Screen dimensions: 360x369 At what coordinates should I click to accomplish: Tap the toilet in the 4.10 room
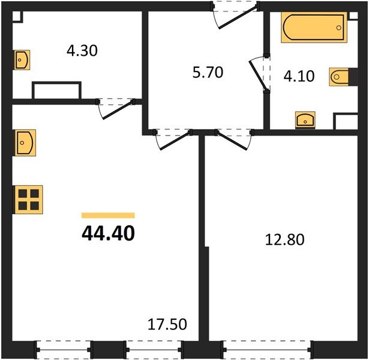(x=338, y=76)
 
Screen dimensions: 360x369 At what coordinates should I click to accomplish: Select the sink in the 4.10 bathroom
(x=305, y=120)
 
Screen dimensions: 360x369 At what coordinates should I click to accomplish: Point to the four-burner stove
(x=29, y=199)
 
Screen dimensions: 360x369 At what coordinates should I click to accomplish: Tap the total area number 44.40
(x=108, y=232)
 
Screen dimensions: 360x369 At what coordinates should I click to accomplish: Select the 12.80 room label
(x=285, y=240)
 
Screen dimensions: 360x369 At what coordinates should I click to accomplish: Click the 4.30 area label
(x=82, y=51)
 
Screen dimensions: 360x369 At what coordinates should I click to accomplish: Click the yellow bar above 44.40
(x=108, y=215)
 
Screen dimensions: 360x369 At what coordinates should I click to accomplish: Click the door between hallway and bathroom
(x=259, y=74)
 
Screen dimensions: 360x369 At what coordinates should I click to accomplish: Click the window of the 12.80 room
(x=266, y=348)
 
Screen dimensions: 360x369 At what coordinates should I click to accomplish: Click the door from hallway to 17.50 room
(x=172, y=139)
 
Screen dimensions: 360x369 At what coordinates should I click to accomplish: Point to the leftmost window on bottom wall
(x=64, y=348)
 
